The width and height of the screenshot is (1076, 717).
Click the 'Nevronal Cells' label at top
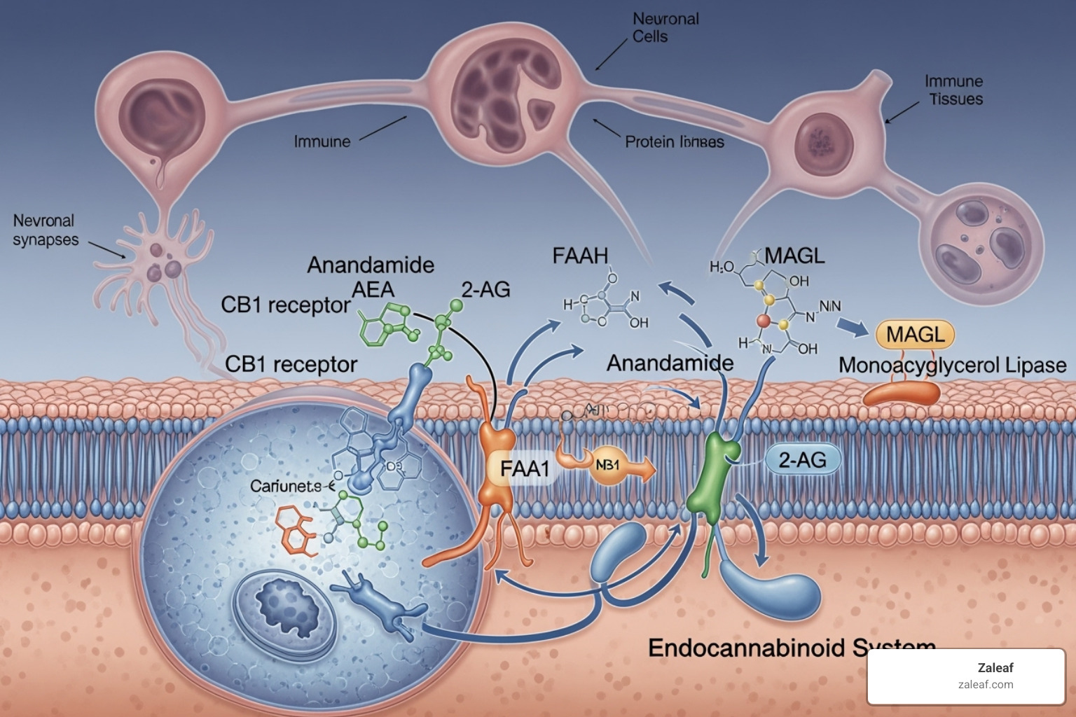[x=665, y=27]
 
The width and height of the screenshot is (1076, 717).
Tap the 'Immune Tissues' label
[x=954, y=90]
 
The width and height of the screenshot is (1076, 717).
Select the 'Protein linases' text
[x=674, y=142]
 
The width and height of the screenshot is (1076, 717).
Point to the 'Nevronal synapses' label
[x=45, y=230]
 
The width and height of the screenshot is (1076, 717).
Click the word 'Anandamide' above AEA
[x=371, y=265]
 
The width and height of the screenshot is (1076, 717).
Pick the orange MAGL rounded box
[x=915, y=335]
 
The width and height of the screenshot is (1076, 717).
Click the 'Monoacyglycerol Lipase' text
[x=952, y=366]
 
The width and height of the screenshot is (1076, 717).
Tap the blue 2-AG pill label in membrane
[x=802, y=460]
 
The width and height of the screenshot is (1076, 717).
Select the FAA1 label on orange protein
[x=524, y=468]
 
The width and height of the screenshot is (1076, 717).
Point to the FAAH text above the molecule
[x=580, y=256]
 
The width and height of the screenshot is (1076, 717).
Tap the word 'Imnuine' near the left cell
[x=322, y=141]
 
